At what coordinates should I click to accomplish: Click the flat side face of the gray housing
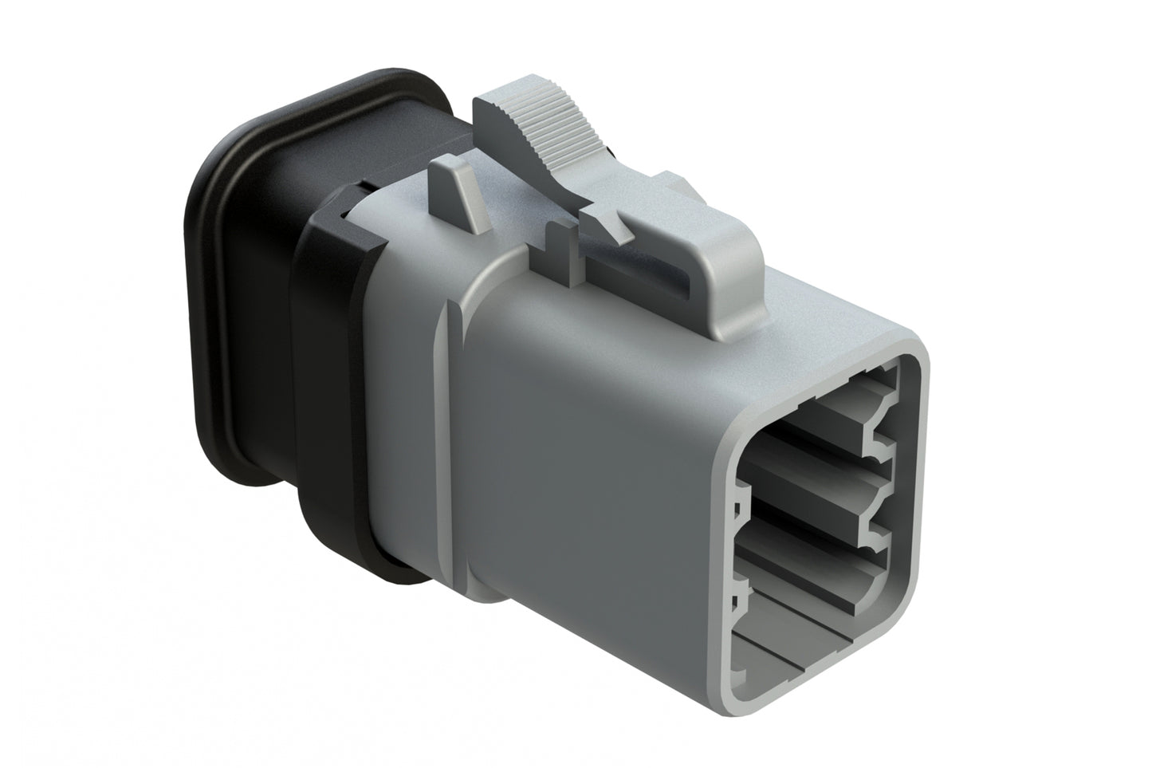tap(590, 479)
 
